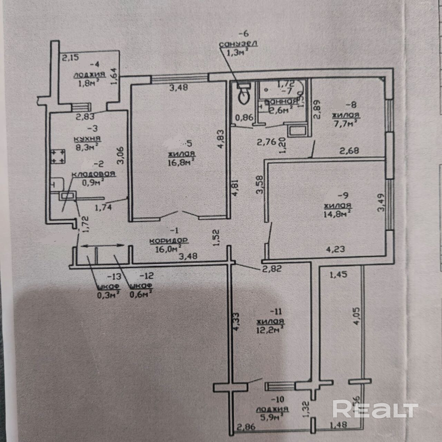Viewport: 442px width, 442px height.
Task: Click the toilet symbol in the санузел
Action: click(244, 94)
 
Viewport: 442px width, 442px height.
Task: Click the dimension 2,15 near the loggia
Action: click(70, 57)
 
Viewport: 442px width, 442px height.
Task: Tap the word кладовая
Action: click(94, 174)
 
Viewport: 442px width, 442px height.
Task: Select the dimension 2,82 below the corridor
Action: click(272, 269)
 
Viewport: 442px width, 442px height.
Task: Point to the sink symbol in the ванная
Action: click(297, 130)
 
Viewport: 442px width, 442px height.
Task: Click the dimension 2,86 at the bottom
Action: click(246, 427)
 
